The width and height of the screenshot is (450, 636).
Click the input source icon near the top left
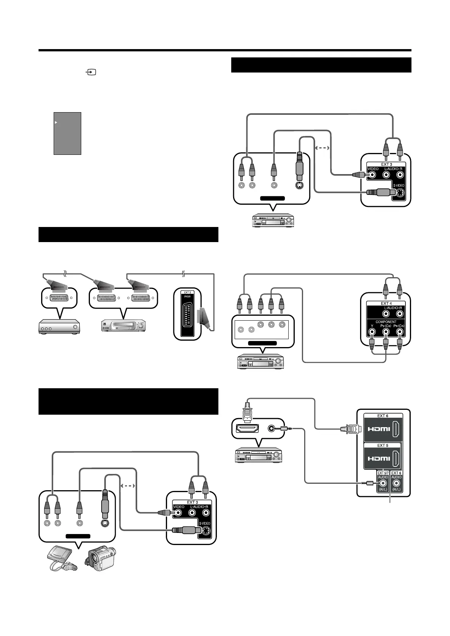pyautogui.click(x=91, y=72)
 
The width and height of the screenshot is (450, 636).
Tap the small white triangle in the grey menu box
pyautogui.click(x=56, y=122)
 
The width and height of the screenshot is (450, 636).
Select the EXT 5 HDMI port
pyautogui.click(x=396, y=458)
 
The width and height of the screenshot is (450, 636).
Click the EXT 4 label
pyautogui.click(x=386, y=303)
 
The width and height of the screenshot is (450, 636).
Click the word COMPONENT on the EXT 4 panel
pyautogui.click(x=386, y=322)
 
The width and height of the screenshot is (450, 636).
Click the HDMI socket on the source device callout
pyautogui.click(x=247, y=428)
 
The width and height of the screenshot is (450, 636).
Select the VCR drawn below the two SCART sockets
pyautogui.click(x=124, y=326)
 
